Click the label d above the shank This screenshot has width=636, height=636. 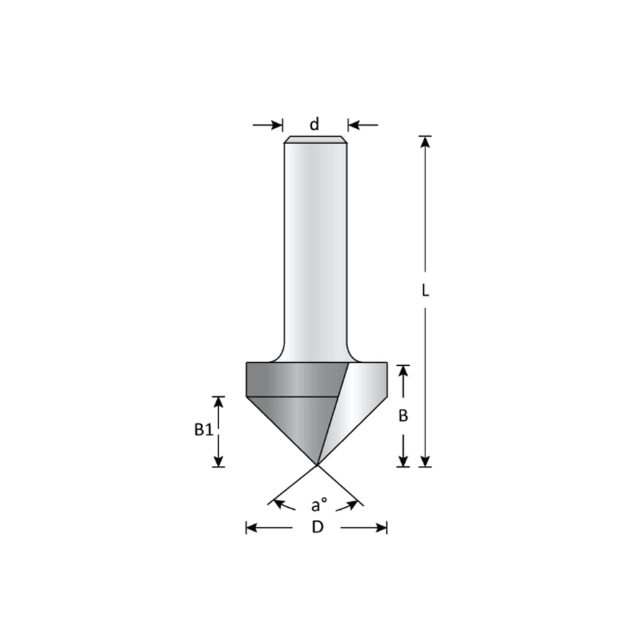click(x=314, y=124)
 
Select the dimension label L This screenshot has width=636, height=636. click(x=425, y=290)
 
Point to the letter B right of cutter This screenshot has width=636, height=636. click(x=402, y=416)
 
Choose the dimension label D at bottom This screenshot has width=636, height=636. click(x=317, y=527)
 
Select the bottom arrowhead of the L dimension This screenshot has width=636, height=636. click(x=425, y=460)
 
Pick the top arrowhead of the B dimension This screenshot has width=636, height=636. click(x=403, y=370)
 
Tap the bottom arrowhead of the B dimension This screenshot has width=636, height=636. click(x=403, y=460)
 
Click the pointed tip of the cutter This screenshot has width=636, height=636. click(x=317, y=463)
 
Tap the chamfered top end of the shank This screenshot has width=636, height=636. click(x=315, y=139)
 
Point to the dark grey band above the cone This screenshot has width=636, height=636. click(x=292, y=379)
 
